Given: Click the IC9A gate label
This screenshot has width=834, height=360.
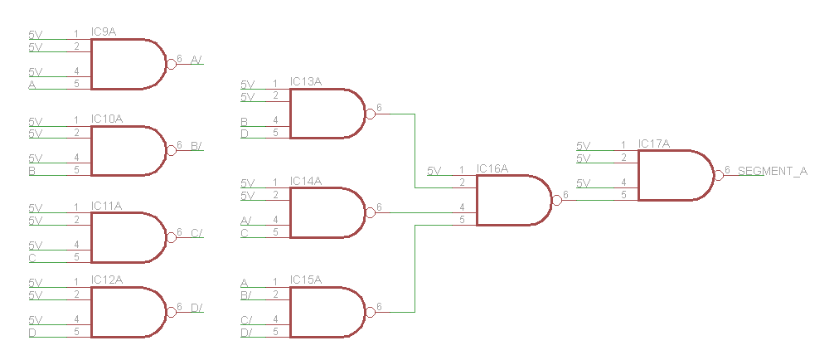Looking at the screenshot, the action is [103, 32].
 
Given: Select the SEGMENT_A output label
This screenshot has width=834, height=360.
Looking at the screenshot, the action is [773, 171].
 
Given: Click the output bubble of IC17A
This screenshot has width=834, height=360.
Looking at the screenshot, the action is [719, 175].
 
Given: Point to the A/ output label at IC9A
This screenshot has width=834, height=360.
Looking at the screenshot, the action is [196, 59].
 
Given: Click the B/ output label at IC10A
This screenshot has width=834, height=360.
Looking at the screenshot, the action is [196, 145].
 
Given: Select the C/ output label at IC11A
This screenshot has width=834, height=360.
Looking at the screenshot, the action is [196, 233].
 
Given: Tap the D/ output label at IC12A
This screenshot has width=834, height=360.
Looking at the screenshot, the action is [196, 307].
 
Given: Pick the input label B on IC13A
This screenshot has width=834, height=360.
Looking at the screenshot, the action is [244, 121].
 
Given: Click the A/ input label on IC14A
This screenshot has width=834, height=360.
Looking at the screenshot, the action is [246, 221].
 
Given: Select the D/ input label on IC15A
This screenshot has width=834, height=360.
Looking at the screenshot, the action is [246, 333].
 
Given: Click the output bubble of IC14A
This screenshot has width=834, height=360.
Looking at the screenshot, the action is [371, 213].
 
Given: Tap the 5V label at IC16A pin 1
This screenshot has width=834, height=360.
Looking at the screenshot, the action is [434, 171].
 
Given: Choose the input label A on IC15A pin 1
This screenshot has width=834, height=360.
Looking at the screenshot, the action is [244, 283].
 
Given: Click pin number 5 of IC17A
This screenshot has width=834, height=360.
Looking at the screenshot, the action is [623, 195].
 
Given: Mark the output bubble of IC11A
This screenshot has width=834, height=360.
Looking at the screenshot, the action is [172, 237].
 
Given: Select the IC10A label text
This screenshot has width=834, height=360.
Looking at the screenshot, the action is [106, 119].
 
